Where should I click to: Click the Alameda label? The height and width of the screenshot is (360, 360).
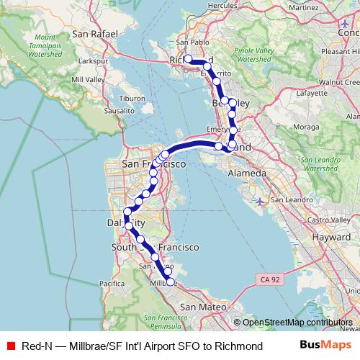tap(247, 174)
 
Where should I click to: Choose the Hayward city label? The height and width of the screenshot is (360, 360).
tap(332, 235)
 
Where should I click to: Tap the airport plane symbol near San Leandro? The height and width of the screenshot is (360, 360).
tap(259, 201)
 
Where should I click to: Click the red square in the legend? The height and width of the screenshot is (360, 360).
tap(9, 347)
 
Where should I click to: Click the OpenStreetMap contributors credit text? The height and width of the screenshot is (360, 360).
tap(297, 323)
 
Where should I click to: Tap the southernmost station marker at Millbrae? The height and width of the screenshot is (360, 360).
tap(170, 282)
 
